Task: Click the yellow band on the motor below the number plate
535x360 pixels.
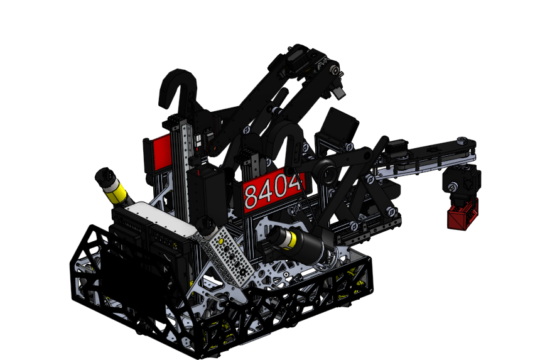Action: [x=291, y=238]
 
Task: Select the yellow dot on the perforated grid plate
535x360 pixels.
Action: [x=221, y=242]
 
